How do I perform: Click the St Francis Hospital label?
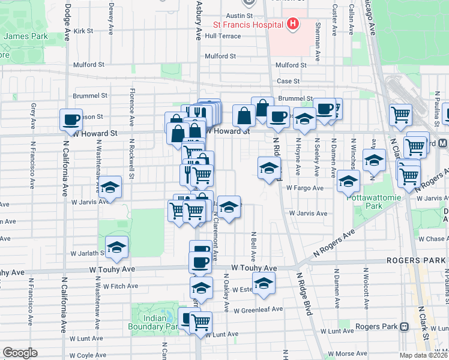tap(249, 25)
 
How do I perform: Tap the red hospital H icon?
tap(292, 24)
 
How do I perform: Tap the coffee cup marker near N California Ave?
tap(71, 119)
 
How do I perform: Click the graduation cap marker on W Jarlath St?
tap(117, 247)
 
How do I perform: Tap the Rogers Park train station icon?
tap(405, 327)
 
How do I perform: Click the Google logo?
tap(20, 353)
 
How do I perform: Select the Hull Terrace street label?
tap(223, 36)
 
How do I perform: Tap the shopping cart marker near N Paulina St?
tap(400, 113)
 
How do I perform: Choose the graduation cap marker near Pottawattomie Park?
tap(348, 181)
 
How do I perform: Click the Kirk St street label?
tap(83, 31)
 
